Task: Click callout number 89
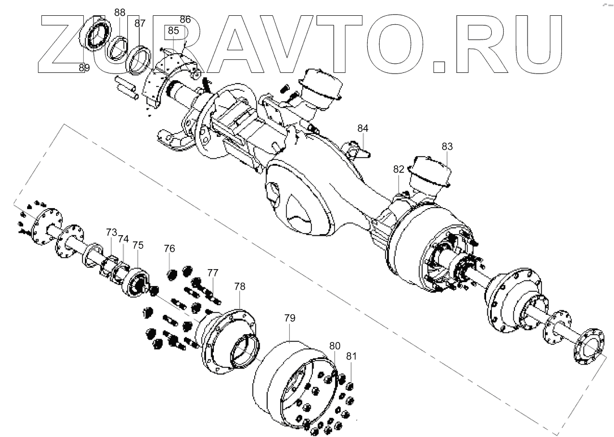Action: coord(84,68)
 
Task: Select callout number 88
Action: coord(120,12)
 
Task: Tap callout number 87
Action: coord(140,24)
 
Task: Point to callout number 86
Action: coord(185,20)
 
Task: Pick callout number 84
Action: coord(363,128)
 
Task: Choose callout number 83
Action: coord(447,146)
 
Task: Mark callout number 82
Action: coord(399,169)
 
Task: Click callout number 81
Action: coord(351,356)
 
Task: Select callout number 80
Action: coord(334,345)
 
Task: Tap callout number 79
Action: coord(290,318)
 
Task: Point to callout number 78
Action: coord(240,287)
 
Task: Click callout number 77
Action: coord(212,272)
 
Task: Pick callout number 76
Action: coord(170,248)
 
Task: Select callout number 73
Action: coord(111,232)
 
